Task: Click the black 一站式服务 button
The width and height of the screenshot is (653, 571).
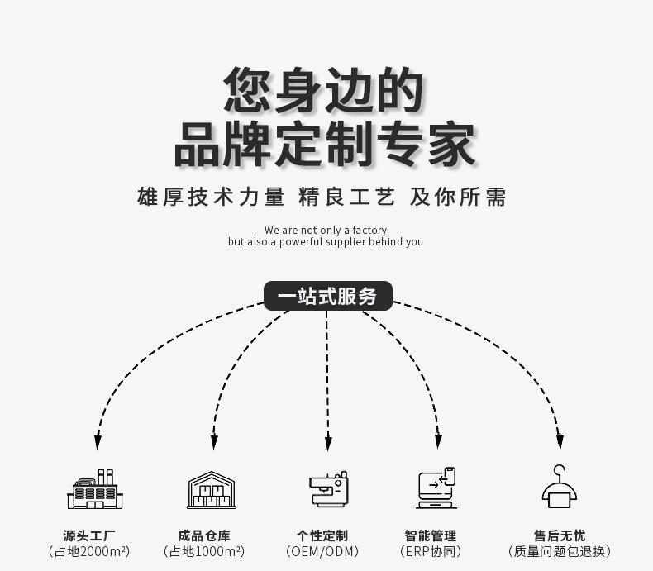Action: point(327,296)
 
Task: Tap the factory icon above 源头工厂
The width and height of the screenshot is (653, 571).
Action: point(94,489)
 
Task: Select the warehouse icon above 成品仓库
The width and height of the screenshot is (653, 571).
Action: point(212,489)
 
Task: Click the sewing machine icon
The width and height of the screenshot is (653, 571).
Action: point(328,489)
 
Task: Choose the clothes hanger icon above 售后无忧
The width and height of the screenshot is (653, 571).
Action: point(560,488)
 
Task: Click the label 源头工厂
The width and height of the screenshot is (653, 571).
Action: point(89,535)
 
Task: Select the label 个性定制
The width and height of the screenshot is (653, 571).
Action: point(322,535)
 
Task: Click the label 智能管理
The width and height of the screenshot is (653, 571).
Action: point(430,535)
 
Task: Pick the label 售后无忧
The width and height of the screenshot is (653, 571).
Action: point(560,535)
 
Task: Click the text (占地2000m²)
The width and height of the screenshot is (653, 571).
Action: point(89,552)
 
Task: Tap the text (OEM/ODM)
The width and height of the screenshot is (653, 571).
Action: point(322,552)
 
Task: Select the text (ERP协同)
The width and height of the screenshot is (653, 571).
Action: point(430,552)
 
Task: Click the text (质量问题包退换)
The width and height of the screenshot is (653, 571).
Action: point(560,552)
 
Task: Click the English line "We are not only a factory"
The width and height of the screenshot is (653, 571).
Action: point(325,230)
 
